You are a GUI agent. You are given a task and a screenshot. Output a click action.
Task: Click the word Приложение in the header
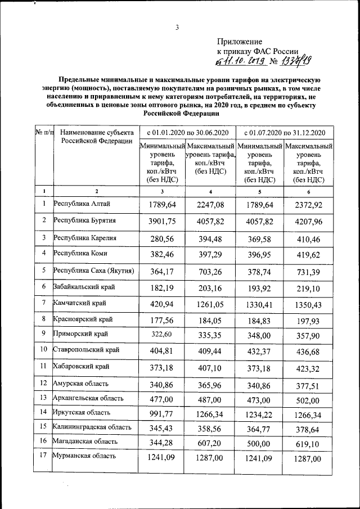pyautogui.click(x=240, y=41)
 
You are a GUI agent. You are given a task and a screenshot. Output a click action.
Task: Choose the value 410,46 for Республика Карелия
pyautogui.click(x=309, y=239)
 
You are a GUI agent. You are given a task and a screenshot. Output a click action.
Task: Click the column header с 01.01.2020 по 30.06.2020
pyautogui.click(x=187, y=132)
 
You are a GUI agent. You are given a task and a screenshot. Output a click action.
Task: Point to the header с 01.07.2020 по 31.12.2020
pyautogui.click(x=285, y=132)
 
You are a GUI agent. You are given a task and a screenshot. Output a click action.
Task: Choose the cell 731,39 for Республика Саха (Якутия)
pyautogui.click(x=309, y=272)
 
